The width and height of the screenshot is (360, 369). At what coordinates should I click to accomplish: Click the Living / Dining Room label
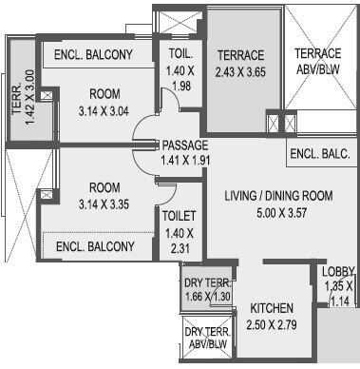[277, 196]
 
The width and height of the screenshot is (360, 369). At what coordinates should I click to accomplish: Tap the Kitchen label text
[272, 309]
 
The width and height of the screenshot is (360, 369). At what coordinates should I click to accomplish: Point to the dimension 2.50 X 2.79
[272, 326]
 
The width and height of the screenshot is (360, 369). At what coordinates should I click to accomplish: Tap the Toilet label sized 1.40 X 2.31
[178, 217]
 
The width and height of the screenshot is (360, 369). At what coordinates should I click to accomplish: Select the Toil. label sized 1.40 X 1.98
[181, 53]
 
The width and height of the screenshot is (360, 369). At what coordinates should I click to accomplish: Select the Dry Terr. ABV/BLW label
[208, 339]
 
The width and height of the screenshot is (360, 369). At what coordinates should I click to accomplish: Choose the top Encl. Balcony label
[93, 54]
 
